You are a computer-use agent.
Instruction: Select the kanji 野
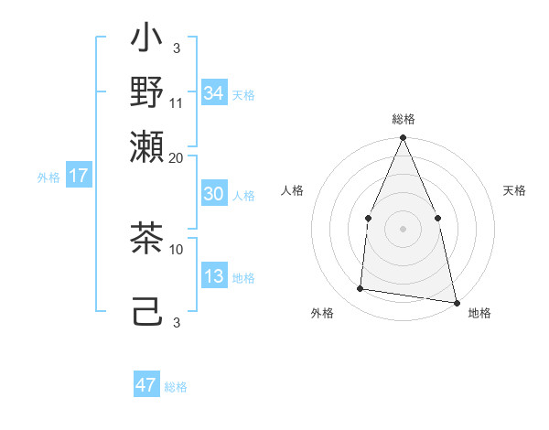pyautogui.click(x=146, y=91)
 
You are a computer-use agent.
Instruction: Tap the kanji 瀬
pyautogui.click(x=146, y=146)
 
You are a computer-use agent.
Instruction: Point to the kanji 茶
pyautogui.click(x=146, y=240)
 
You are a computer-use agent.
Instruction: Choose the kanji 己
pyautogui.click(x=146, y=311)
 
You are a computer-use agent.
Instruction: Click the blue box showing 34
pyautogui.click(x=213, y=92)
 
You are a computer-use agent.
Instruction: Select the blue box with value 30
pyautogui.click(x=213, y=194)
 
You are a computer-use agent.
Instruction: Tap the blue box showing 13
pyautogui.click(x=213, y=276)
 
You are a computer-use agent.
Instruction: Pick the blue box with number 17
pyautogui.click(x=78, y=176)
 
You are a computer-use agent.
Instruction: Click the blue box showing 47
pyautogui.click(x=145, y=385)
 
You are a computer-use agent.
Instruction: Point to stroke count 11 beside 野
pyautogui.click(x=177, y=102)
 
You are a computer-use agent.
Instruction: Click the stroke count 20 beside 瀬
pyautogui.click(x=177, y=157)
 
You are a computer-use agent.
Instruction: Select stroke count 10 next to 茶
pyautogui.click(x=177, y=248)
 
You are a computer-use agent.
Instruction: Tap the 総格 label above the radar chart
pyautogui.click(x=403, y=119)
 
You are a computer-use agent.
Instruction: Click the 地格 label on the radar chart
pyautogui.click(x=479, y=314)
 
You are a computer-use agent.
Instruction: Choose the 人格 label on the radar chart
pyautogui.click(x=293, y=190)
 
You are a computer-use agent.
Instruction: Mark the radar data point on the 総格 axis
pyautogui.click(x=403, y=138)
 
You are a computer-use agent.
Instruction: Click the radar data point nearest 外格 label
pyautogui.click(x=361, y=289)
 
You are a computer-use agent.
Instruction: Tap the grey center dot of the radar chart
pyautogui.click(x=403, y=228)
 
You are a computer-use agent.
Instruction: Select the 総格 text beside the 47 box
pyautogui.click(x=176, y=387)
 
